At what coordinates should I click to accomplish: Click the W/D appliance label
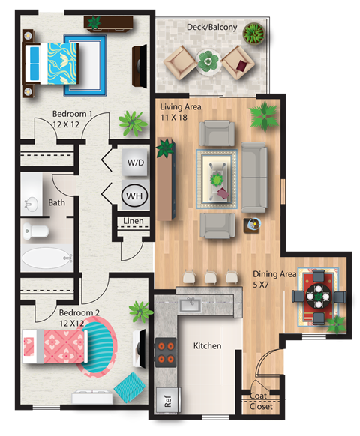point(136,162)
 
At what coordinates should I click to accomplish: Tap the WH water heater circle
point(135,196)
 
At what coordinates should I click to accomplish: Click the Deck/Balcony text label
point(211,28)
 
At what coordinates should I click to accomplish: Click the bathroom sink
point(31,202)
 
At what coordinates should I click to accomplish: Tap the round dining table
point(320,296)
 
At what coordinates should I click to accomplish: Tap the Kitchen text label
point(208,346)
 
